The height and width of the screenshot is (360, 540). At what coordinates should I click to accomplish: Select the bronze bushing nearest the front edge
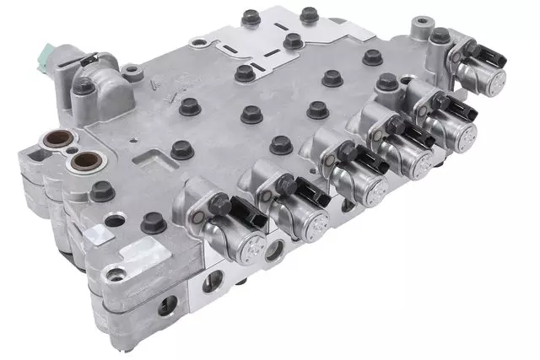point(84,159)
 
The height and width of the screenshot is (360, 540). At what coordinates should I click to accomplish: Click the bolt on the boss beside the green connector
point(84,86)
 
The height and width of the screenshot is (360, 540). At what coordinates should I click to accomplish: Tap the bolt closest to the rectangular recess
point(180,150)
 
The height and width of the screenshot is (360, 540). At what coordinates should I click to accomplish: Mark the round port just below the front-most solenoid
point(273,250)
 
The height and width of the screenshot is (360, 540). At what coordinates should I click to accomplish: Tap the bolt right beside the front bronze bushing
point(102,191)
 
